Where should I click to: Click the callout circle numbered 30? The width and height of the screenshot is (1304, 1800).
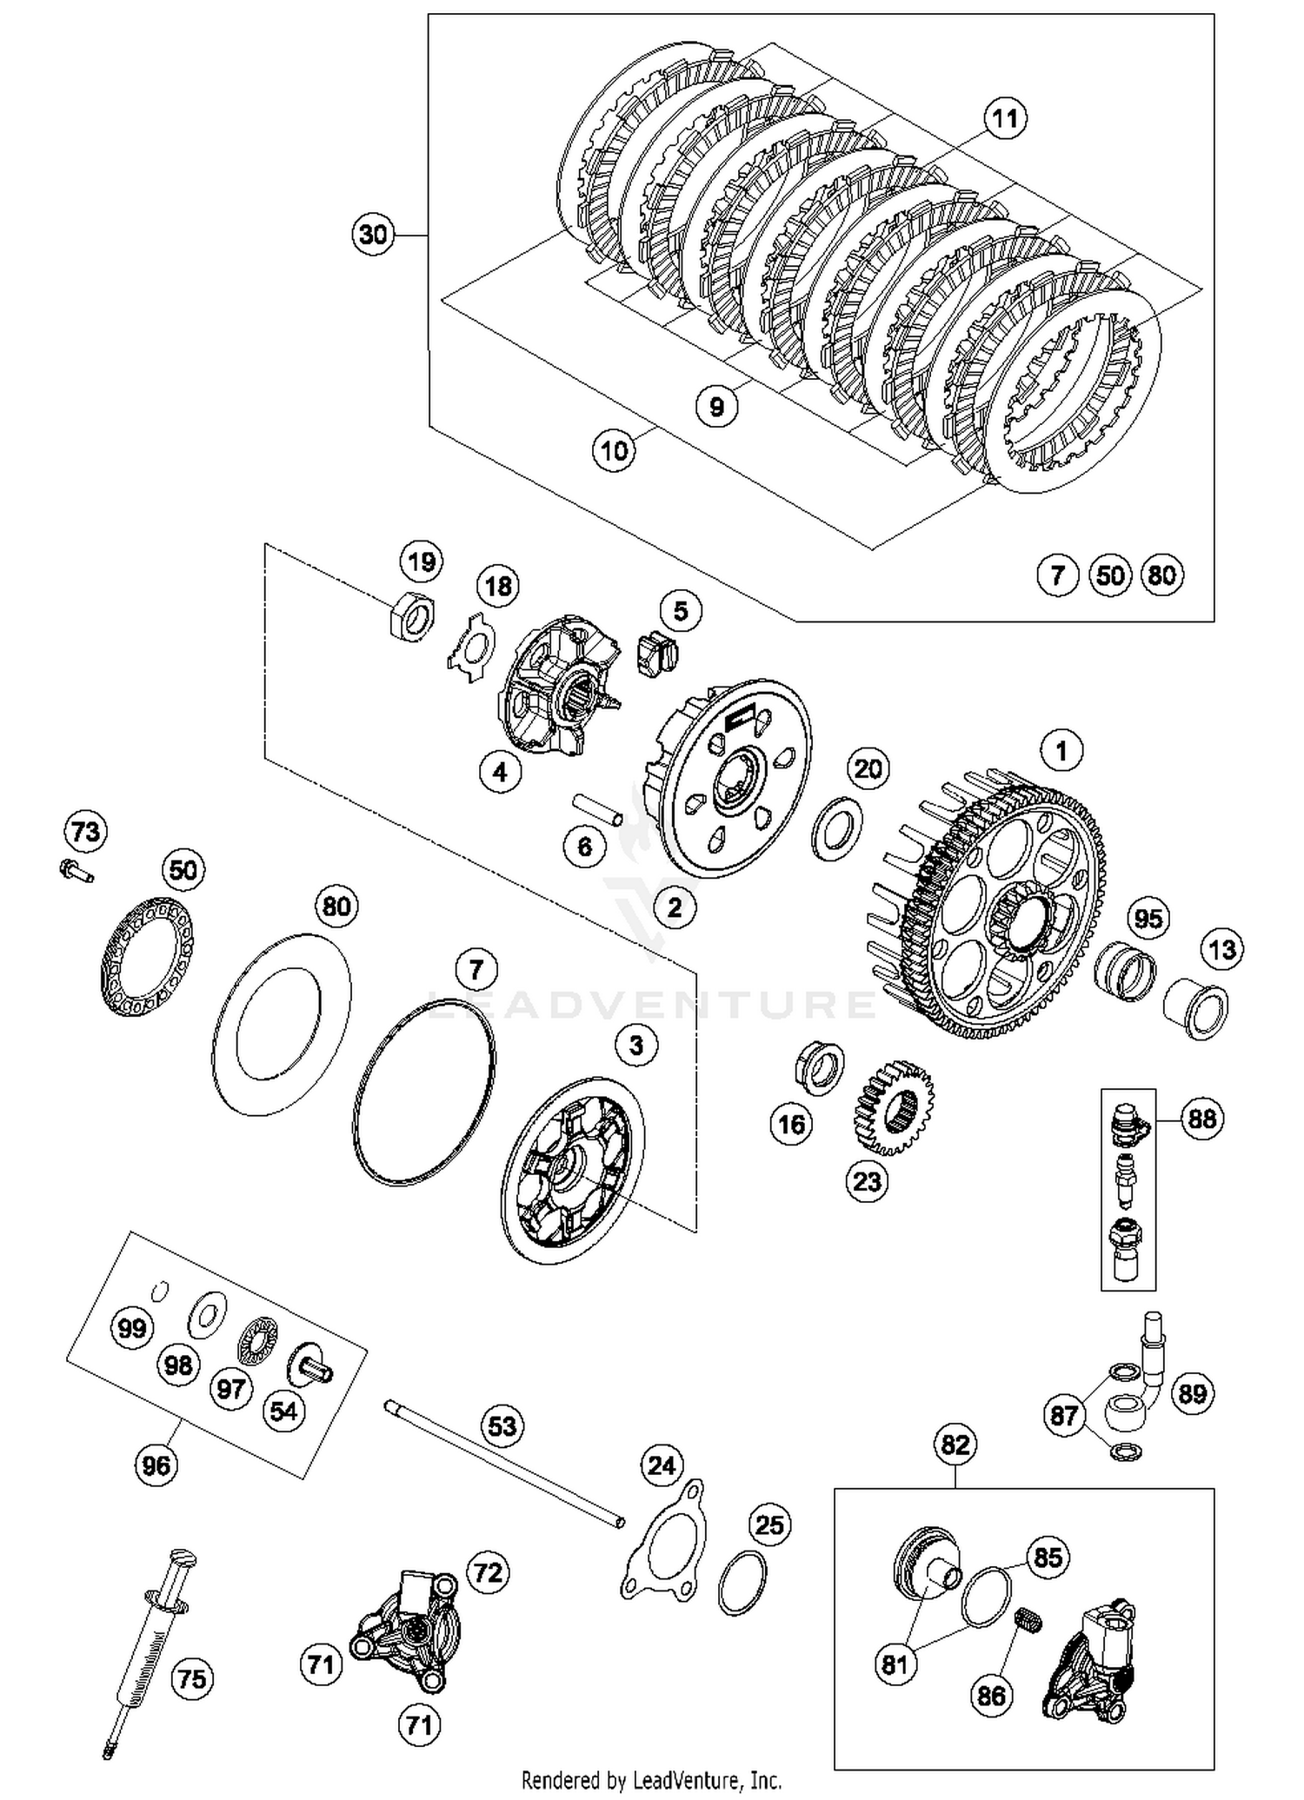pyautogui.click(x=373, y=235)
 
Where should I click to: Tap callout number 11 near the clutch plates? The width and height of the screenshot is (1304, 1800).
pyautogui.click(x=1005, y=118)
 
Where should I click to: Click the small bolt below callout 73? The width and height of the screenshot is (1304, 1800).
pyautogui.click(x=77, y=870)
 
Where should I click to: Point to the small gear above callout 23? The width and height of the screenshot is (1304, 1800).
pyautogui.click(x=895, y=1106)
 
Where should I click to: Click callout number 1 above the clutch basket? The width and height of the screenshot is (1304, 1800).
pyautogui.click(x=1061, y=750)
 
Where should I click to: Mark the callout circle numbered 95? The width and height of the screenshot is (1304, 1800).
pyautogui.click(x=1148, y=918)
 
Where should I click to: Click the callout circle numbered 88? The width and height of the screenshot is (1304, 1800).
pyautogui.click(x=1202, y=1119)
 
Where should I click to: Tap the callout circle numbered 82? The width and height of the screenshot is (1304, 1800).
pyautogui.click(x=955, y=1445)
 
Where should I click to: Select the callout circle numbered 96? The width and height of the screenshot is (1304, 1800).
pyautogui.click(x=156, y=1465)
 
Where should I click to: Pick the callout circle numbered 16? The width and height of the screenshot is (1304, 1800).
pyautogui.click(x=791, y=1125)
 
